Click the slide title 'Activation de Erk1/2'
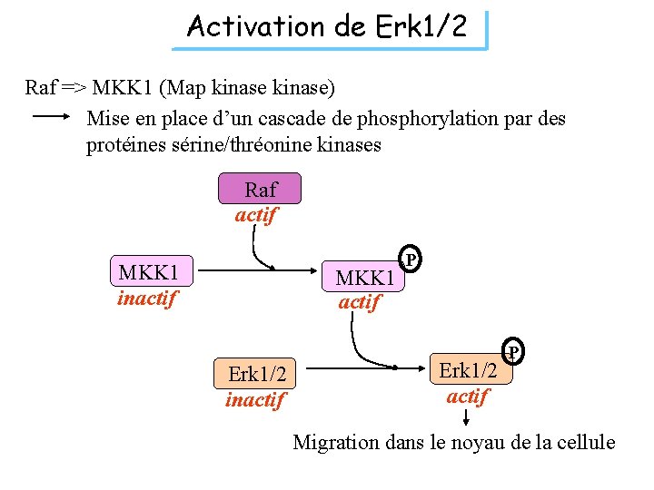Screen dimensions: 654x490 [x=327, y=27]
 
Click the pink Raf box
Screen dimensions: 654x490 [x=261, y=190]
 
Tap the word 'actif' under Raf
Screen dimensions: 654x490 [x=256, y=216]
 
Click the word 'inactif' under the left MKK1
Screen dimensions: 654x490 [x=146, y=298]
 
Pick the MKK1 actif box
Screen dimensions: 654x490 [x=364, y=278]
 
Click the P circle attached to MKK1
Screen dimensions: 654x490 [x=411, y=260]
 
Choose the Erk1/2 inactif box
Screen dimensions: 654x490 [x=257, y=374]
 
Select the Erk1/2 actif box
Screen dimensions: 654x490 [x=469, y=369]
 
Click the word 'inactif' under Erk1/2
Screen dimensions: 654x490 [x=255, y=399]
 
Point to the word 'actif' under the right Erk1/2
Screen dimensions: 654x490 [x=468, y=396]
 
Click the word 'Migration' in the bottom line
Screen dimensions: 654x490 [x=336, y=443]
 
